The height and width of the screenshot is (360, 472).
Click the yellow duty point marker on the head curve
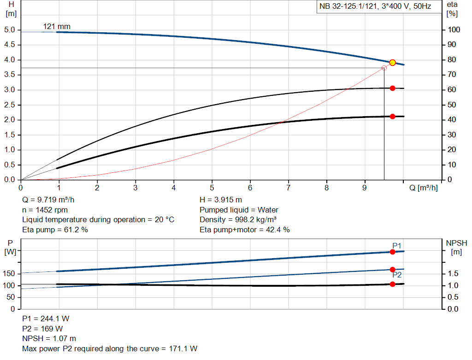click(x=392, y=63)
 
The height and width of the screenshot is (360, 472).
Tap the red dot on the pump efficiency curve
click(x=392, y=88)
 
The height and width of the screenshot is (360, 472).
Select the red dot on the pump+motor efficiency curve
click(x=392, y=117)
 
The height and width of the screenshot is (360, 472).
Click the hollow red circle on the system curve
click(x=384, y=68)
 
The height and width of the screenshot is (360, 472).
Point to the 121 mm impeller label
click(x=57, y=26)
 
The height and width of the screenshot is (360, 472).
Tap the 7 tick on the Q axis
click(x=289, y=188)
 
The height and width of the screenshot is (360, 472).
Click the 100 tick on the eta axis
click(x=454, y=30)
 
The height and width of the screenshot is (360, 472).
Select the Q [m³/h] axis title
click(x=424, y=188)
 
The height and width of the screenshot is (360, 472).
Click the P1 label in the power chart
click(x=397, y=245)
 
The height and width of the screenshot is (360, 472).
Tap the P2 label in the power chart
click(x=397, y=275)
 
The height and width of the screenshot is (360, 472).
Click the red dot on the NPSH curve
click(x=392, y=284)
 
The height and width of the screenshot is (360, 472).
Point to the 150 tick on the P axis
click(x=10, y=274)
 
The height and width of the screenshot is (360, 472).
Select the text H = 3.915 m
click(x=221, y=200)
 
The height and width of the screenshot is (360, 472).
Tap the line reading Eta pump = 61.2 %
click(x=55, y=230)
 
